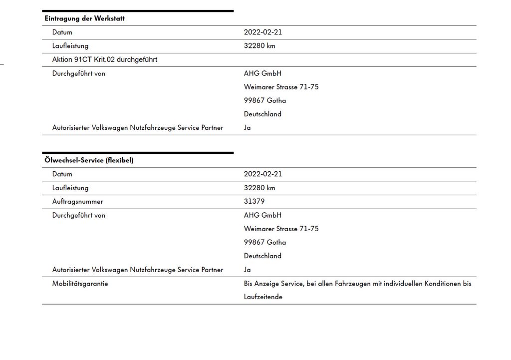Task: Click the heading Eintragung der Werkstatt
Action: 84,18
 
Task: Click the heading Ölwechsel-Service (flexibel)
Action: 89,160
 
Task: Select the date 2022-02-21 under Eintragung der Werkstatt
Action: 263,32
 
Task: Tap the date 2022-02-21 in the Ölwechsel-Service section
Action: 263,174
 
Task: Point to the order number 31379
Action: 254,201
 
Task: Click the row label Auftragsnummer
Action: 77,201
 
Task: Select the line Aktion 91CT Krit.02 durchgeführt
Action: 105,59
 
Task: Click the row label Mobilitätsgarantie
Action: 80,284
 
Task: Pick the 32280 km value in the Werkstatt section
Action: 259,45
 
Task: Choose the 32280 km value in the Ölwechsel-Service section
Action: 259,188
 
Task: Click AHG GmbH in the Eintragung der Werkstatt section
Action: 262,73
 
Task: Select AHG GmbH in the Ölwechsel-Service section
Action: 262,215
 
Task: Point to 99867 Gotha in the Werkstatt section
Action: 265,100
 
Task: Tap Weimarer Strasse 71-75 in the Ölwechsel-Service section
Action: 281,229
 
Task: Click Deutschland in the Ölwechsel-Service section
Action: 262,256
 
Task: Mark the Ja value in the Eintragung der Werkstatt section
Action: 248,127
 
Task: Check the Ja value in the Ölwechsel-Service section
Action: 248,270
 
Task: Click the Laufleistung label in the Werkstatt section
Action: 70,45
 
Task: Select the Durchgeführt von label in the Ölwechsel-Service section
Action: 79,215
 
